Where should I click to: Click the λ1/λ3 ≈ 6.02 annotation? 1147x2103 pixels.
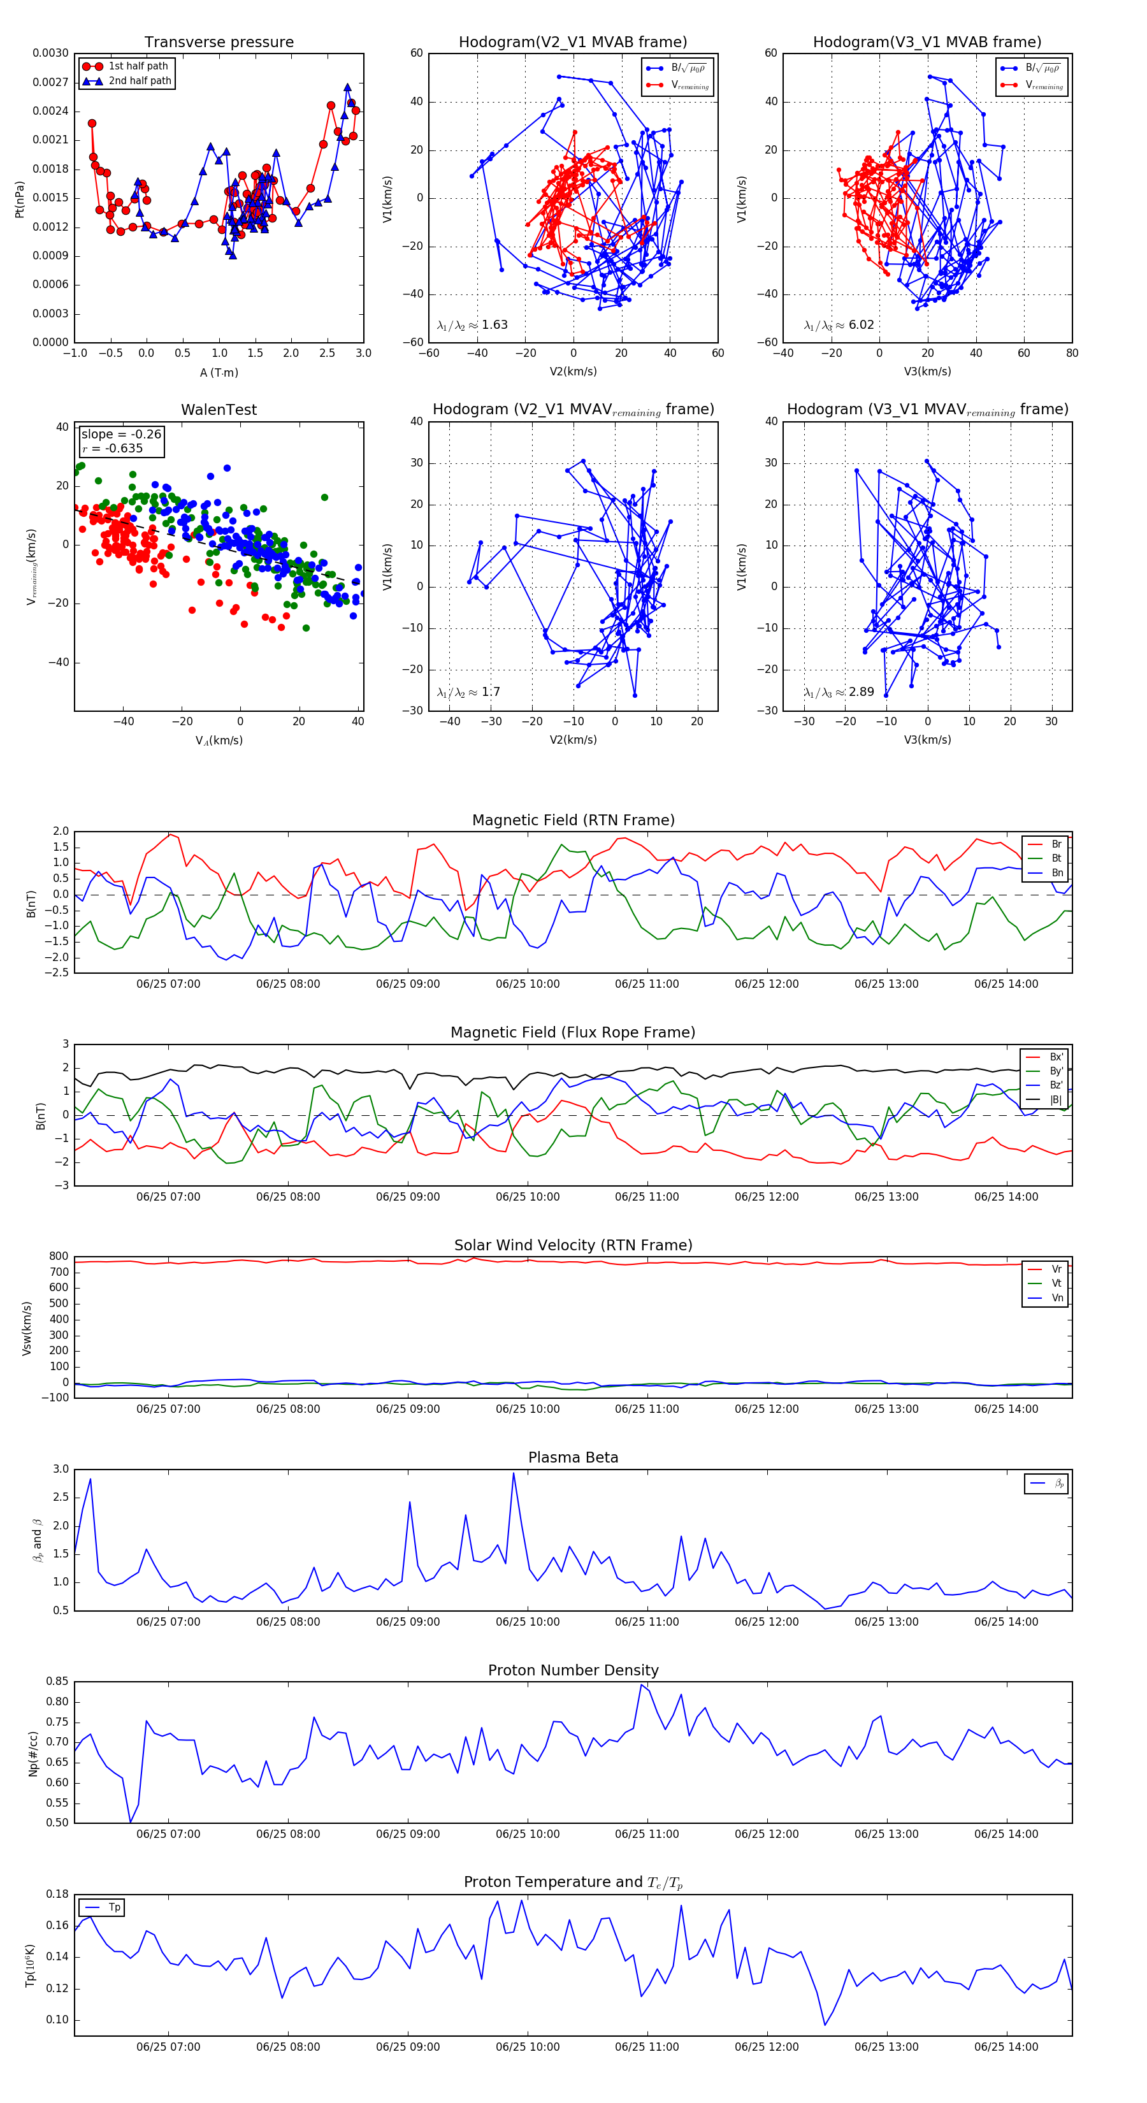click(x=839, y=325)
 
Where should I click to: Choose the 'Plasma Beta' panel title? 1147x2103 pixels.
click(x=573, y=1457)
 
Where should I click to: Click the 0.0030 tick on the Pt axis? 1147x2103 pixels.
click(x=50, y=53)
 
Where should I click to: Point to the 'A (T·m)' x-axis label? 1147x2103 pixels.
click(x=219, y=373)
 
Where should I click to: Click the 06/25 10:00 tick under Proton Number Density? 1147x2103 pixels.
click(x=528, y=1833)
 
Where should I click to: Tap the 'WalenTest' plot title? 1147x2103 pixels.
click(x=219, y=410)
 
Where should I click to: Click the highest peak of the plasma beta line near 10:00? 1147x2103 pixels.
click(x=514, y=1473)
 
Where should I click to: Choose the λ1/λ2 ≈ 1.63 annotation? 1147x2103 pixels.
click(x=472, y=325)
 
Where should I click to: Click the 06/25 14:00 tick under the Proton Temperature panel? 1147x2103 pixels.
click(x=1006, y=2047)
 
